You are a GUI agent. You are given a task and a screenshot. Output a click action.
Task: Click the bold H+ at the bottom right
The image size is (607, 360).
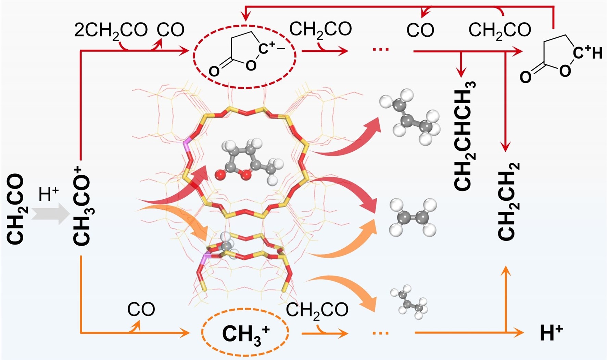pyautogui.click(x=551, y=333)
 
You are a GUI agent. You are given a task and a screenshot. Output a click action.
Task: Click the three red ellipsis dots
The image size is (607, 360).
pyautogui.click(x=381, y=50)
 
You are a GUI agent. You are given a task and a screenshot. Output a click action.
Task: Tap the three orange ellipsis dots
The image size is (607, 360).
pyautogui.click(x=381, y=333)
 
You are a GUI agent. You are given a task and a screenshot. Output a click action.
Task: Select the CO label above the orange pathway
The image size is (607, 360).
pyautogui.click(x=141, y=310)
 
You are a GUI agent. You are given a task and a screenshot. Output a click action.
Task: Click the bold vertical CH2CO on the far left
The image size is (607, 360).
pyautogui.click(x=15, y=209)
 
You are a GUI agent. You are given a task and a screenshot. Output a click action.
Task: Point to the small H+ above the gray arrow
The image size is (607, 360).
pyautogui.click(x=49, y=194)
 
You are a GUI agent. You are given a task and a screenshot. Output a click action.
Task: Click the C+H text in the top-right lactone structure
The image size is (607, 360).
pyautogui.click(x=587, y=53)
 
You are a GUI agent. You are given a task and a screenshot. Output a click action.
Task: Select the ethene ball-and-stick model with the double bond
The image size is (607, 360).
pyautogui.click(x=413, y=217)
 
